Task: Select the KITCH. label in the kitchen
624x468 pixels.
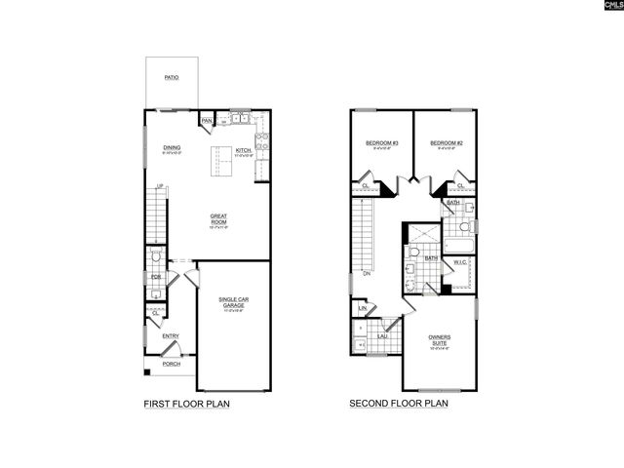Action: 243,150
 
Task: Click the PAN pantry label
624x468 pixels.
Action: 207,121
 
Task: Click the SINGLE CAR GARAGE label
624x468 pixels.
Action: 232,303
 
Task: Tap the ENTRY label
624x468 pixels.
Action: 171,336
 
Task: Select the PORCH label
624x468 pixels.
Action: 171,364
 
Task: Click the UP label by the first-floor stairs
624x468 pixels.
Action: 159,186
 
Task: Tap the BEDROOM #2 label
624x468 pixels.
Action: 445,144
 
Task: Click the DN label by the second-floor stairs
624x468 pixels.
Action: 367,275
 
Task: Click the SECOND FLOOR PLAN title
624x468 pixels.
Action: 400,403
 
